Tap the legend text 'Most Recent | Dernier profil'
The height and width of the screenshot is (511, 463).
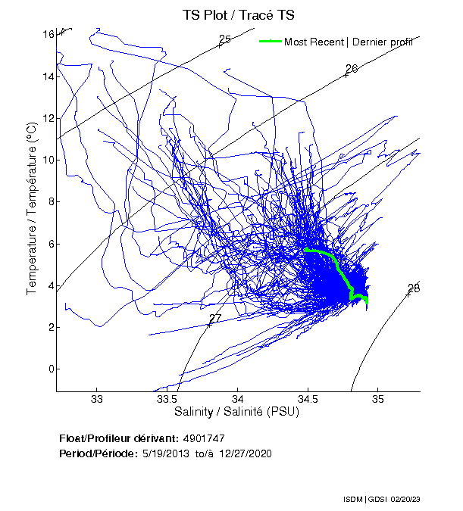(x=349, y=42)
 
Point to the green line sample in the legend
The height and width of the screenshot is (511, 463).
(x=270, y=42)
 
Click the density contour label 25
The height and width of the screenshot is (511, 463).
(x=224, y=39)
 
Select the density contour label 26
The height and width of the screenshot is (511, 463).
(x=351, y=69)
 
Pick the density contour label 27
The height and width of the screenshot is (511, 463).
(x=215, y=319)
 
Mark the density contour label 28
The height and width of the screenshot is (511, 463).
(x=414, y=288)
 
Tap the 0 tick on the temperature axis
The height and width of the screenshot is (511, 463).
(x=51, y=369)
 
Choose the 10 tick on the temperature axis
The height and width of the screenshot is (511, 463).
(x=48, y=160)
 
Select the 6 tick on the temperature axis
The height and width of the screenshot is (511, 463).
(x=51, y=244)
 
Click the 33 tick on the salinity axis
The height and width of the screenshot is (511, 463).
(x=97, y=399)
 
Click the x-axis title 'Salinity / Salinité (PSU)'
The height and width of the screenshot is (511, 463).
(x=237, y=413)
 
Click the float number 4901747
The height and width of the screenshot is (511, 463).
(x=204, y=438)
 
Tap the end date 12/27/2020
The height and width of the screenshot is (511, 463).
(x=246, y=453)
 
